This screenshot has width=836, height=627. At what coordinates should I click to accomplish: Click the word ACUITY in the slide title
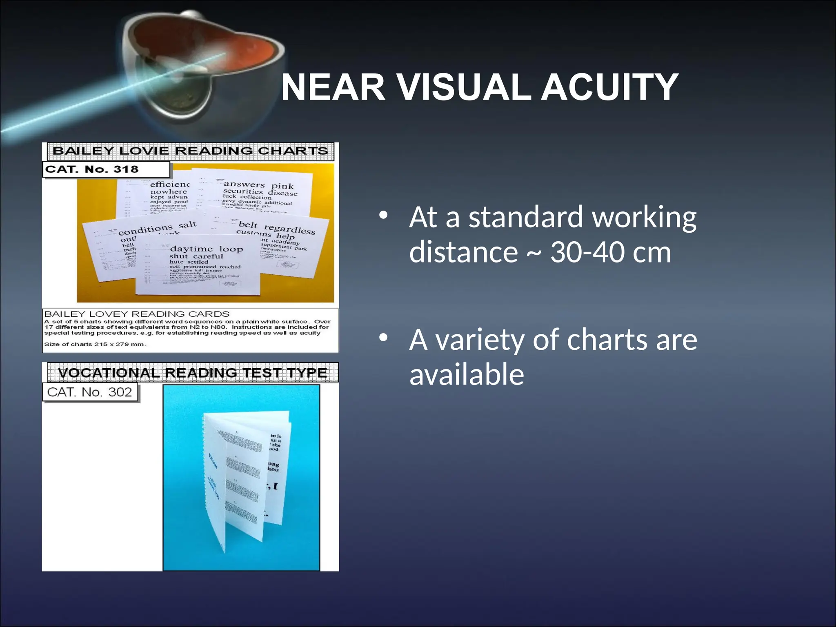[609, 88]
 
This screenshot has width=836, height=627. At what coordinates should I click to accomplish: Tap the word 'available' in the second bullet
[466, 375]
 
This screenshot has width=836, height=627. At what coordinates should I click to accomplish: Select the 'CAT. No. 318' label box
[106, 169]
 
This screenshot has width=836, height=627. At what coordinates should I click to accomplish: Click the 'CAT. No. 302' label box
[90, 392]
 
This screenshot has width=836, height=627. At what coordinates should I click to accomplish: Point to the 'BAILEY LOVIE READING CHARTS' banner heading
[190, 151]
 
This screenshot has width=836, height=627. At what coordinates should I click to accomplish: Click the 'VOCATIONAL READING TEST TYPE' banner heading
[192, 373]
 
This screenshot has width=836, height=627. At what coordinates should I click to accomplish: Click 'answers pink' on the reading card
[258, 185]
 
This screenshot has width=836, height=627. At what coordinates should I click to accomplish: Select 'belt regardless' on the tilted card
[277, 228]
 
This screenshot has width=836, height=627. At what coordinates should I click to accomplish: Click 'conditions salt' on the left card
[157, 229]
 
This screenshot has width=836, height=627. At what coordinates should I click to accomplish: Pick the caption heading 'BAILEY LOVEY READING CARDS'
[137, 314]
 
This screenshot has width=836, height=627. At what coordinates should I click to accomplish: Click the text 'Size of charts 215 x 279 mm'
[95, 344]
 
